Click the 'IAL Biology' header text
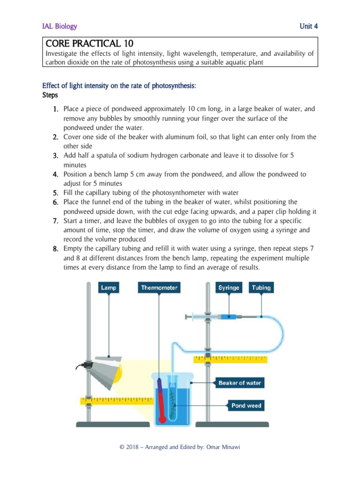pyautogui.click(x=60, y=26)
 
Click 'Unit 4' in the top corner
pyautogui.click(x=309, y=26)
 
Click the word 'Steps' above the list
pyautogui.click(x=50, y=95)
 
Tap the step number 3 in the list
pyautogui.click(x=55, y=155)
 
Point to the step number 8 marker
pyautogui.click(x=55, y=248)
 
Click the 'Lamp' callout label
pyautogui.click(x=109, y=287)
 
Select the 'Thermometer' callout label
pyautogui.click(x=159, y=287)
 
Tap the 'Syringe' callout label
pyautogui.click(x=228, y=287)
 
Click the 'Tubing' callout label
pyautogui.click(x=261, y=287)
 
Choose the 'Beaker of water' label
pyautogui.click(x=240, y=383)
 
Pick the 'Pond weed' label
pyautogui.click(x=246, y=406)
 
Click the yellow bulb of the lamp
pyautogui.click(x=119, y=370)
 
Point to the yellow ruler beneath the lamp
pyautogui.click(x=117, y=401)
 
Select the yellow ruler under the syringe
pyautogui.click(x=230, y=359)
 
